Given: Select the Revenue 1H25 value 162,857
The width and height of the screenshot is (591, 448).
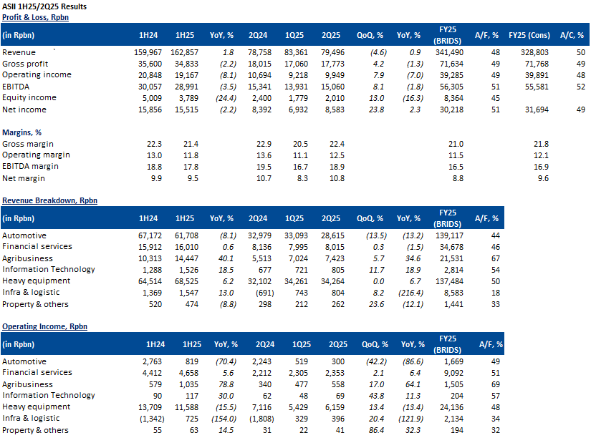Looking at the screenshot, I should coord(184,53).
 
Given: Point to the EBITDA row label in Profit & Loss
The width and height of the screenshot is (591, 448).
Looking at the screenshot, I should coord(16,87).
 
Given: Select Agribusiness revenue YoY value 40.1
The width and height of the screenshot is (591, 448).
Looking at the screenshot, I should coord(224,258).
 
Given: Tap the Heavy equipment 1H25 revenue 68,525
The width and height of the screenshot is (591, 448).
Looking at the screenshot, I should coord(184,281).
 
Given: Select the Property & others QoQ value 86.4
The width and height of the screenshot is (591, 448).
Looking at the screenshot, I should coord(370,430).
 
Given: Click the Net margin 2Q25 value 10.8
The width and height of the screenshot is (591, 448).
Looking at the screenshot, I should coord(335,178).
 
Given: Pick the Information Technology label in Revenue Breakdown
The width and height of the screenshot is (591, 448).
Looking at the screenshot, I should coord(48,270).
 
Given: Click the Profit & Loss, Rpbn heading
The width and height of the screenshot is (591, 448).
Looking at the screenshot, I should coord(35,16).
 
